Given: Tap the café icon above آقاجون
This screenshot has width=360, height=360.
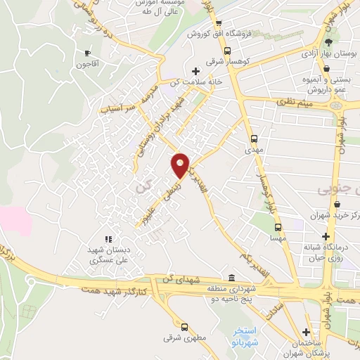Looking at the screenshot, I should tap(87, 53).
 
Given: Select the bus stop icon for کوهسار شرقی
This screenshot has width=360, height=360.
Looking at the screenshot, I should tap(227, 51).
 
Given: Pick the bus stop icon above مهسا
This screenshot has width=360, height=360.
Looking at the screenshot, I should tap(278, 227).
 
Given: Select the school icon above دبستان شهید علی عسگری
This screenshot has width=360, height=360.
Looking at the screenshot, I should tap(108, 239).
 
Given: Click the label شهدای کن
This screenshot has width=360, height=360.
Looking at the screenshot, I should tap(177, 281).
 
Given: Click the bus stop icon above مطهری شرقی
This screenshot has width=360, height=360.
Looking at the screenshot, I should tap(184, 327).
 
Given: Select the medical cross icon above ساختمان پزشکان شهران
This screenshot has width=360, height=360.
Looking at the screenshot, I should tap(307, 332).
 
